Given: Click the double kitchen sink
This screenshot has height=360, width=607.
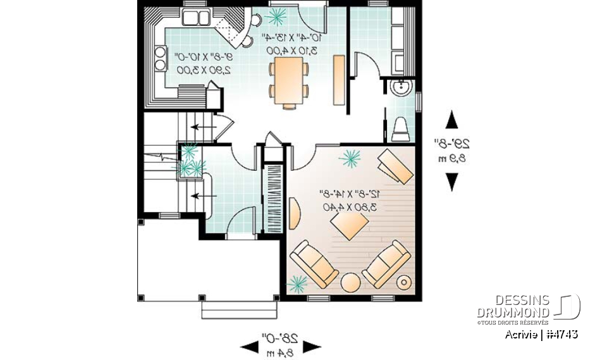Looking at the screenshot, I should pos(196,17).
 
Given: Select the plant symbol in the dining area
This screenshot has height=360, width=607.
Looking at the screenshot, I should pos(276,15).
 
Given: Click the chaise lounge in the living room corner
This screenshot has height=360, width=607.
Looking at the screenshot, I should pos(395,166).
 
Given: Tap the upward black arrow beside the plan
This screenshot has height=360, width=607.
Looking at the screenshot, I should pos(451,119).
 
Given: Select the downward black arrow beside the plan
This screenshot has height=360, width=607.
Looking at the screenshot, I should pos(451,182).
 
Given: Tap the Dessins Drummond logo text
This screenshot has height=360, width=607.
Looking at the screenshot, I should pos(513,306).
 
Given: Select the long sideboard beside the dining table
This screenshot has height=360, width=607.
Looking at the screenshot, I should pos(339,79).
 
